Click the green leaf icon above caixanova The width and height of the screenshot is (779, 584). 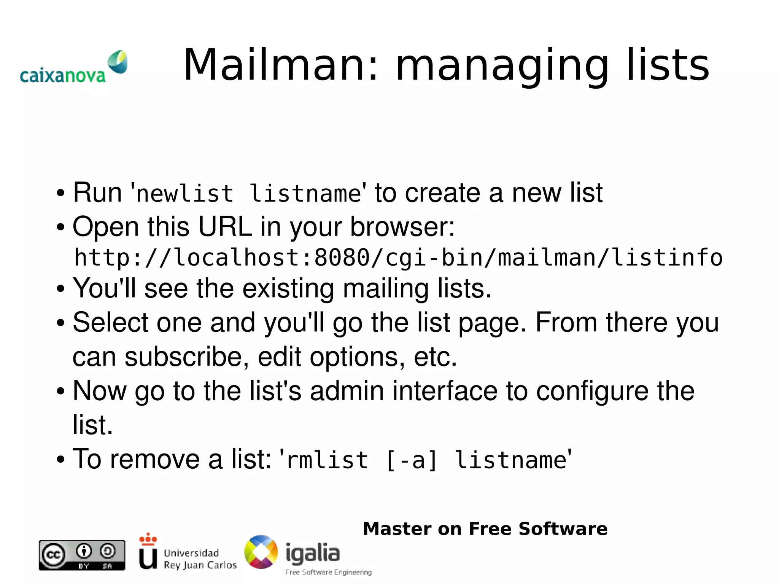pos(118,61)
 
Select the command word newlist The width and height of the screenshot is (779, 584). pos(185,193)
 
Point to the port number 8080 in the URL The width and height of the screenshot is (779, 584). pos(342,258)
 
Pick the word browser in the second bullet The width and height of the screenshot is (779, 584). pos(402,227)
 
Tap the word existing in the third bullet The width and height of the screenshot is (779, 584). pos(288,288)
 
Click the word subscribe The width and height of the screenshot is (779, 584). pos(186,356)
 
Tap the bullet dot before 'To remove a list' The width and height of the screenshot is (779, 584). pos(60,460)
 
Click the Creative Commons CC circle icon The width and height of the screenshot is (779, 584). pos(53,554)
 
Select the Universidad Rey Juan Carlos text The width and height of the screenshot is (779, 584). pos(200,559)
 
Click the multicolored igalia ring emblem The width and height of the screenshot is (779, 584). pos(261,552)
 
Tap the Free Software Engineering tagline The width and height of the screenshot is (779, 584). pos(328,572)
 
